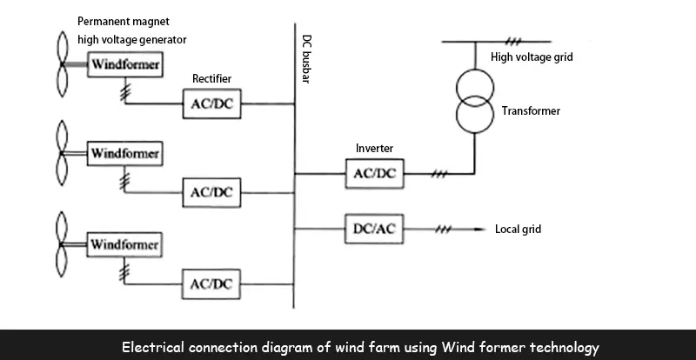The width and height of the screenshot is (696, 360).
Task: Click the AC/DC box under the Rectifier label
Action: click(212, 105)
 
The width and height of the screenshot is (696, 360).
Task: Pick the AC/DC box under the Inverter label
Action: click(374, 173)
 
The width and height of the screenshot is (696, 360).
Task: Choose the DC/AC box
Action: click(374, 229)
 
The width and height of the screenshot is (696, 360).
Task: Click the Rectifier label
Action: click(212, 79)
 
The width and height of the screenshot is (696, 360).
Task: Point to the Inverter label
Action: click(374, 149)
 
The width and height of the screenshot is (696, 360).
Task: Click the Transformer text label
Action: click(531, 111)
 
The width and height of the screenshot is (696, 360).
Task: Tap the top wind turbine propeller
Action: click(62, 63)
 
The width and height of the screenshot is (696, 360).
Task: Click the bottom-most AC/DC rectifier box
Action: click(211, 283)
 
